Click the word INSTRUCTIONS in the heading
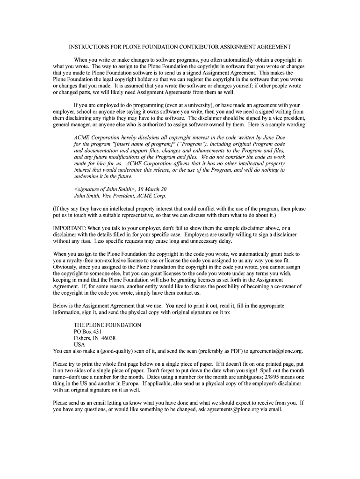[88, 47]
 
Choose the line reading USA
[79, 344]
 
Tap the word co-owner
[281, 286]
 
